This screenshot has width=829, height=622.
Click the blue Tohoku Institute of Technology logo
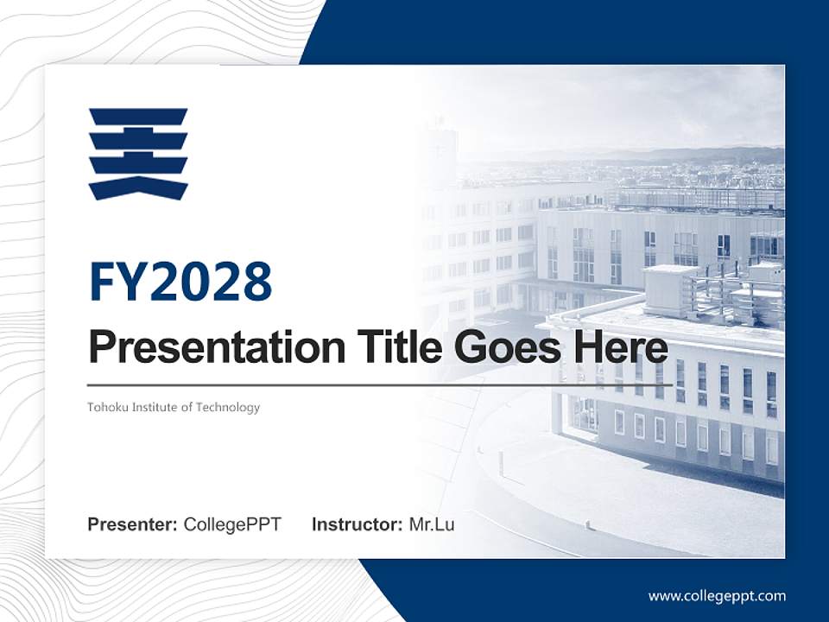click(138, 154)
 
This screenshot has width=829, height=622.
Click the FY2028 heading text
click(180, 282)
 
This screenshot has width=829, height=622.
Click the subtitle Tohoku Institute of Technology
click(173, 407)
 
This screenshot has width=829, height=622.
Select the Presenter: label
click(132, 524)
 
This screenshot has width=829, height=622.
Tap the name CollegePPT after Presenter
click(231, 524)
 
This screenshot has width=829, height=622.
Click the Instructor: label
click(357, 524)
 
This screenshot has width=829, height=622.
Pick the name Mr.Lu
click(431, 524)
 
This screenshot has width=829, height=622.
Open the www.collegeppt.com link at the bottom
click(717, 596)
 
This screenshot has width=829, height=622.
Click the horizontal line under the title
click(380, 384)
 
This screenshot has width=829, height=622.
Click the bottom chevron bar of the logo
click(138, 187)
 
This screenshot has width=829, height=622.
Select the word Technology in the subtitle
click(229, 407)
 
